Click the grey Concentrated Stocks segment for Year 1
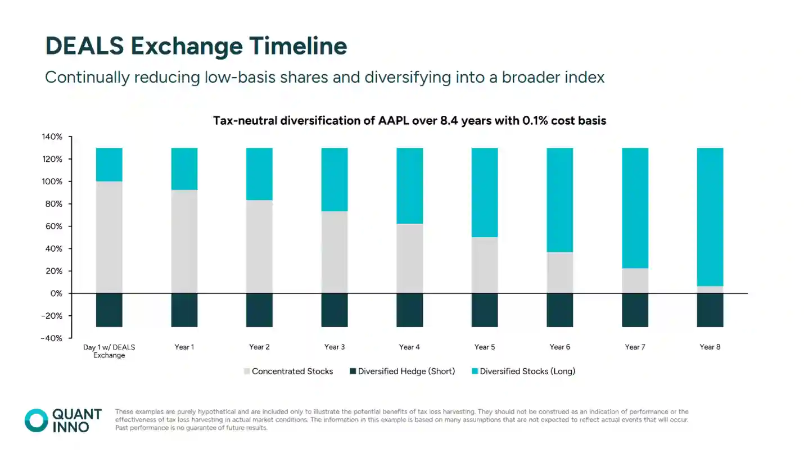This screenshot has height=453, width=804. [184, 242]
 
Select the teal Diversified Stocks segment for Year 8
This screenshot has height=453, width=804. [710, 217]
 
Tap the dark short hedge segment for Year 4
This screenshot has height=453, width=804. [409, 310]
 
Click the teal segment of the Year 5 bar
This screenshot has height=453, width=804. [485, 192]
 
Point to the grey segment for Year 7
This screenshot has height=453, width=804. [635, 280]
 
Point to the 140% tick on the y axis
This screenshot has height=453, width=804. [52, 137]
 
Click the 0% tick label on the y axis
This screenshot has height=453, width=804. [56, 293]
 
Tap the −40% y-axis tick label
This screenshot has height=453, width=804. [51, 338]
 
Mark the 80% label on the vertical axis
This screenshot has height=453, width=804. [54, 204]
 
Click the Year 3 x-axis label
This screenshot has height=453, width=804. [335, 347]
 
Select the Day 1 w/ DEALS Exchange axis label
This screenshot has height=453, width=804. [109, 351]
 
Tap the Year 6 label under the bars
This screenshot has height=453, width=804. [560, 347]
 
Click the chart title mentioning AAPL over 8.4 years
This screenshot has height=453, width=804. [409, 120]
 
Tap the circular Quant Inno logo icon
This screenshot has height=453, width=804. [37, 420]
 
